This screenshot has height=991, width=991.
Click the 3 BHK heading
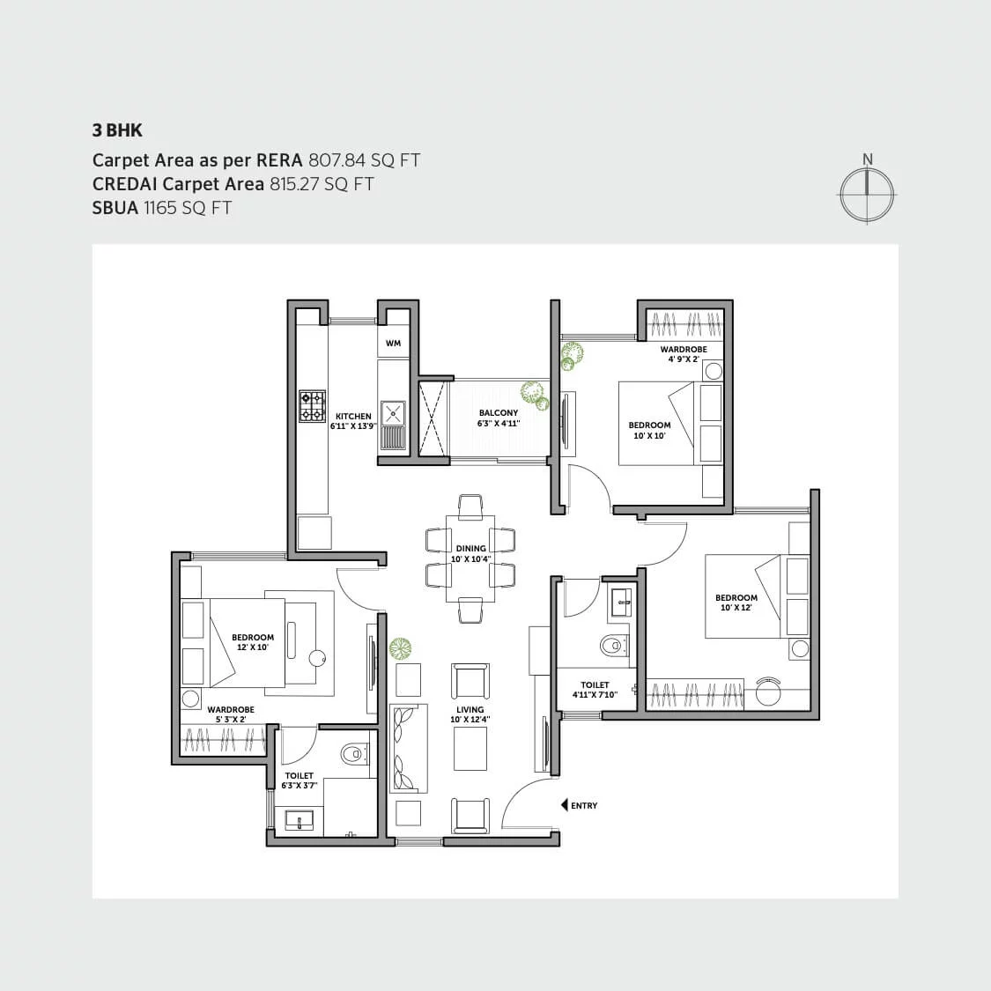point(117,130)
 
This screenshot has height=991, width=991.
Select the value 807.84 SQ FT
point(364,160)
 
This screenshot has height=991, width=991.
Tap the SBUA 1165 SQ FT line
point(162,208)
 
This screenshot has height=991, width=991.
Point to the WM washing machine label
point(393,343)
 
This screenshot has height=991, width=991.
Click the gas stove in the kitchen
point(312,406)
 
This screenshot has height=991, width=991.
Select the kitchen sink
point(393,412)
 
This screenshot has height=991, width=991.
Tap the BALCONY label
point(499,412)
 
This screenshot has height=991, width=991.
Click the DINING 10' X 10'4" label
point(470,553)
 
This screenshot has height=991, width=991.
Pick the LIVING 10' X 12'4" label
point(470,714)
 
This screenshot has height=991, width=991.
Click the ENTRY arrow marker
point(565,805)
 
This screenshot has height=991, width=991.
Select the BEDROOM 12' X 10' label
point(253,642)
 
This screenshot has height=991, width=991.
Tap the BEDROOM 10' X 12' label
point(736,603)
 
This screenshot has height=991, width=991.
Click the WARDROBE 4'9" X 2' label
point(683,354)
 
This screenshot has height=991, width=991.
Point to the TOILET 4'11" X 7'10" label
point(595,689)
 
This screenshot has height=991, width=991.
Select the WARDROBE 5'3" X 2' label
point(231,714)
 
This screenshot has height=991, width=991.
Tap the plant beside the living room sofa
point(401,648)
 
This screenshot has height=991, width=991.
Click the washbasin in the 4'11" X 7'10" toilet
point(622,605)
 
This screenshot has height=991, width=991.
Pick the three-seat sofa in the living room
point(408,748)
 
